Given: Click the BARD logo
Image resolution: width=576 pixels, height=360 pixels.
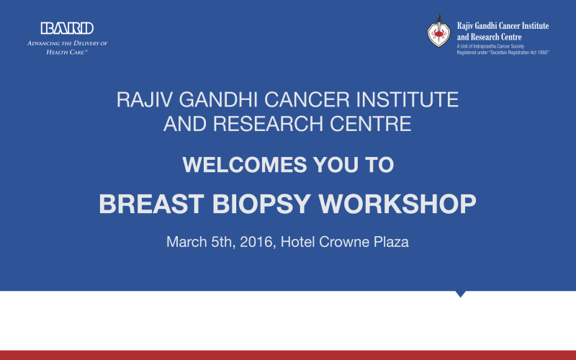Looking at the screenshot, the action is tap(67, 28).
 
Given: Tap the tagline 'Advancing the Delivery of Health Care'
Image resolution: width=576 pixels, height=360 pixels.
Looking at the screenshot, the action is tap(67, 48).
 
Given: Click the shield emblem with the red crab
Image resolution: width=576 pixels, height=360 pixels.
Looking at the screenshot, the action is tap(438, 32).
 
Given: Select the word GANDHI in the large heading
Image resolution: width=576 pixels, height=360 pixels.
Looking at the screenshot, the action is tap(218, 99).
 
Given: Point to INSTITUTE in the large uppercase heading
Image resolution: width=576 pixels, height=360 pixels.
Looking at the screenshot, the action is tap(408, 99).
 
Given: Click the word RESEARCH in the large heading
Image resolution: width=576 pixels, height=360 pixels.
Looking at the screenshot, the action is tap(268, 124).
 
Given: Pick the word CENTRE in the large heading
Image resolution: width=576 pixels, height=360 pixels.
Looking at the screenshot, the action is tap(370, 124).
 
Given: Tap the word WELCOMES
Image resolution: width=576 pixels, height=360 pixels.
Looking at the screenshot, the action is tap(244, 165).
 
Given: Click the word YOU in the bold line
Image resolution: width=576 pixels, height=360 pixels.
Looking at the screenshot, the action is tap(336, 165).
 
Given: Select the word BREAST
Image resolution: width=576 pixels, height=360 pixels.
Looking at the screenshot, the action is tap(151, 204).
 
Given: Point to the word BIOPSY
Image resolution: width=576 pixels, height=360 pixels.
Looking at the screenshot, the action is tap(261, 204).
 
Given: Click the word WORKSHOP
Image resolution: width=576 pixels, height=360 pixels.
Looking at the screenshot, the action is tap(397, 204).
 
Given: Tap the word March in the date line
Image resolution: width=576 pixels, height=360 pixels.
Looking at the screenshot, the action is tap(186, 242).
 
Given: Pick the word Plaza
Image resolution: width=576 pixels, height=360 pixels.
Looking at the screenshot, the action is tap(391, 243).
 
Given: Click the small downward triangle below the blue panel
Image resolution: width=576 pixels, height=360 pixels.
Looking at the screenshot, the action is tap(460, 294).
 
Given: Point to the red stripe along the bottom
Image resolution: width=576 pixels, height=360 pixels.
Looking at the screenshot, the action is tap(288, 355).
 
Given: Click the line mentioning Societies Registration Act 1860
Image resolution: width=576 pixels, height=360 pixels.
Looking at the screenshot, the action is tap(503, 53).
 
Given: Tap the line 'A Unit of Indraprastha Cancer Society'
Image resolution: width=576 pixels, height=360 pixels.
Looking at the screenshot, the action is tap(490, 46).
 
